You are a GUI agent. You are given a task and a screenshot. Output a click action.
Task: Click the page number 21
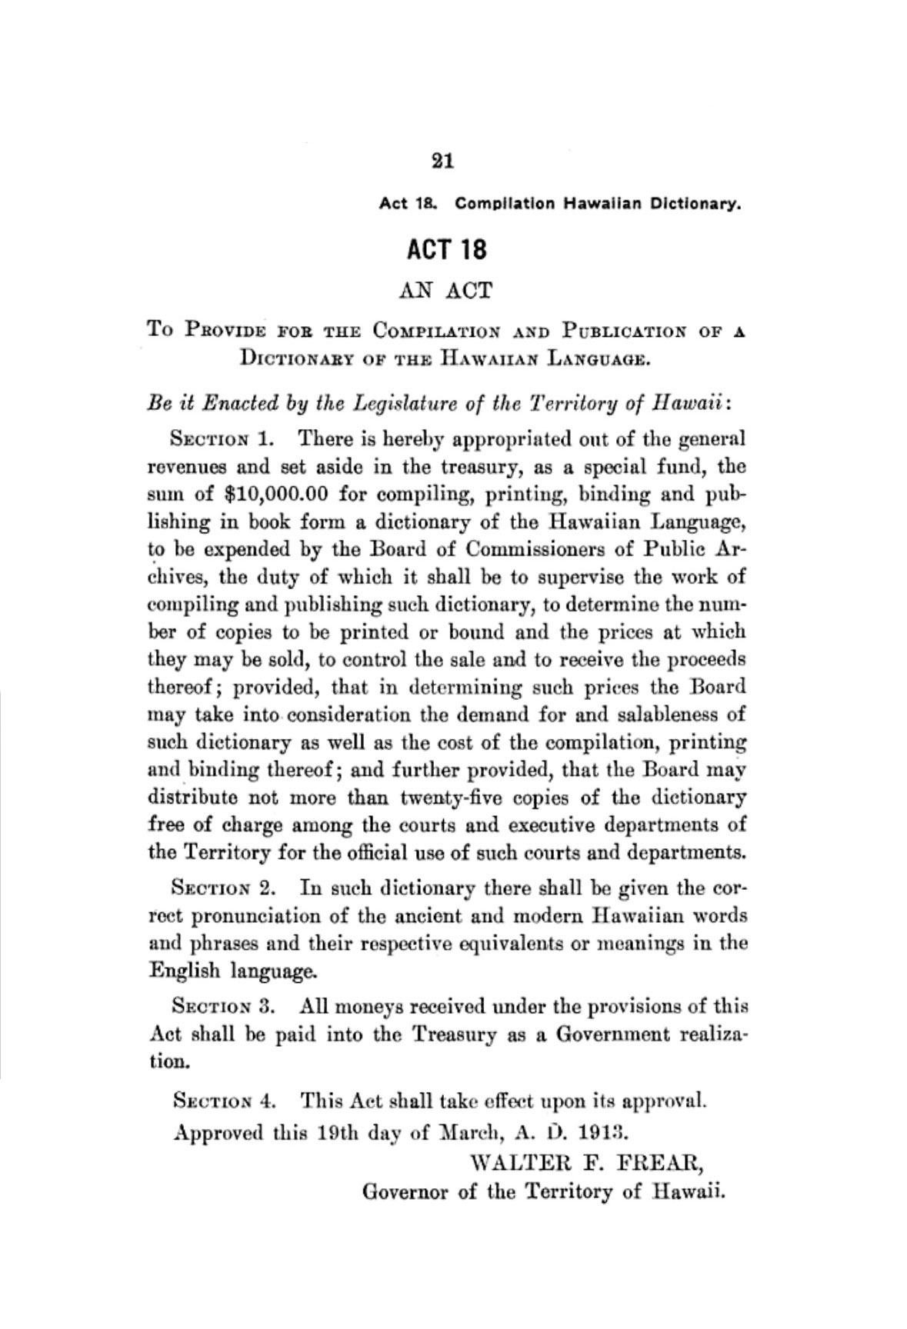click(x=443, y=161)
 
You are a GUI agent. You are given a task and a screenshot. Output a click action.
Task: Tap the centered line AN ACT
click(x=445, y=291)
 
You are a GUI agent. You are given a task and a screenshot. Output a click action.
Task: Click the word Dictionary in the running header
click(x=699, y=205)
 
